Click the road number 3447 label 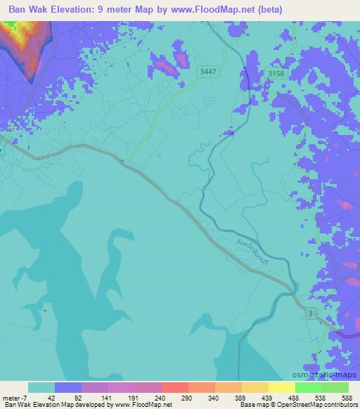[208, 71]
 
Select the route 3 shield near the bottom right [309, 312]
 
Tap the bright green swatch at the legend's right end [335, 387]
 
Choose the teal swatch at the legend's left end [41, 387]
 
